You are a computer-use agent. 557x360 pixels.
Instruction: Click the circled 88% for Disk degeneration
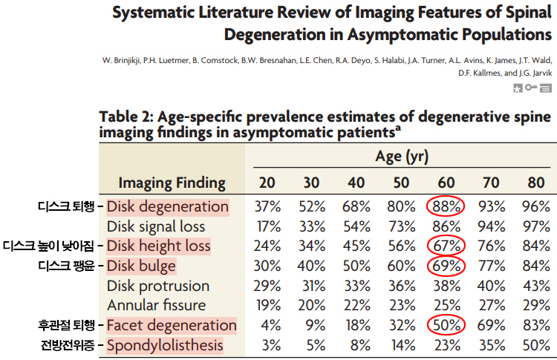point(446,206)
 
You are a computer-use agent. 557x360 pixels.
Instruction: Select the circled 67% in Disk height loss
point(446,246)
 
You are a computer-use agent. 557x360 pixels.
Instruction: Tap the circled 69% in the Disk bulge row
point(446,266)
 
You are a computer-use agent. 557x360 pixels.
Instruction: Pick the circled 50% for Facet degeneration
point(446,325)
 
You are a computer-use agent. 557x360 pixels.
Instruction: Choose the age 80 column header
point(535,182)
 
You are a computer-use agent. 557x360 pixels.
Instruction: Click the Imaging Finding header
point(172,182)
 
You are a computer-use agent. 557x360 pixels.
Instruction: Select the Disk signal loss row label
point(156,226)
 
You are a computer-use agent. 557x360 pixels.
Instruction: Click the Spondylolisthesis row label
point(165,345)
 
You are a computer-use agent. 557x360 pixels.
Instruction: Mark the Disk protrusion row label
point(158,286)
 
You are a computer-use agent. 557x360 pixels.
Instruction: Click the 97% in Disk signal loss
point(535,226)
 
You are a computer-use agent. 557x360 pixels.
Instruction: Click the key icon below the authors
point(531,88)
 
